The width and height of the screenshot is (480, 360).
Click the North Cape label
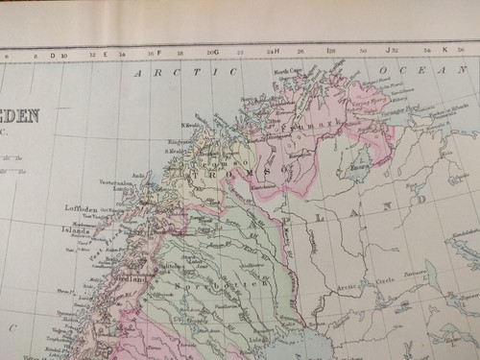(287, 72)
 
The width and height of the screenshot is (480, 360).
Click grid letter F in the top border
(158, 53)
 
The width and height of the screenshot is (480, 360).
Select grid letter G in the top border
(217, 52)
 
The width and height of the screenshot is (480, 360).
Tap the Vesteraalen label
(113, 181)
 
